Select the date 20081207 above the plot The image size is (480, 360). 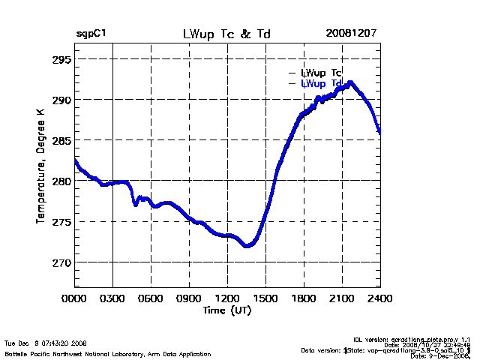pos(351,34)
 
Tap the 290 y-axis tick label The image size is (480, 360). pos(62,100)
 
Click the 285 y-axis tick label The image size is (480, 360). pos(62,140)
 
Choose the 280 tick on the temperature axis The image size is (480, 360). pos(62,181)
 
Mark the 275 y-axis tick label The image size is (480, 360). pos(62,222)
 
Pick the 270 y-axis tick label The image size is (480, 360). pos(62,262)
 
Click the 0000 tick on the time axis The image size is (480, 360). pos(75,298)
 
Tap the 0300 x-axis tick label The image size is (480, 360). pos(113,298)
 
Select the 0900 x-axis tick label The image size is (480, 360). pos(190,298)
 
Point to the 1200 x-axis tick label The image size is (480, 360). pos(228,298)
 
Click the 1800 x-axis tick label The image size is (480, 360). pos(304,298)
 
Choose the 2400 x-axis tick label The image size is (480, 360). pos(380,298)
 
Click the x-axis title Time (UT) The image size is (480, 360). pos(227,310)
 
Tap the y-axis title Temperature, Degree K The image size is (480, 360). pos(39,165)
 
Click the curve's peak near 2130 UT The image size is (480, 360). pos(350,83)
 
